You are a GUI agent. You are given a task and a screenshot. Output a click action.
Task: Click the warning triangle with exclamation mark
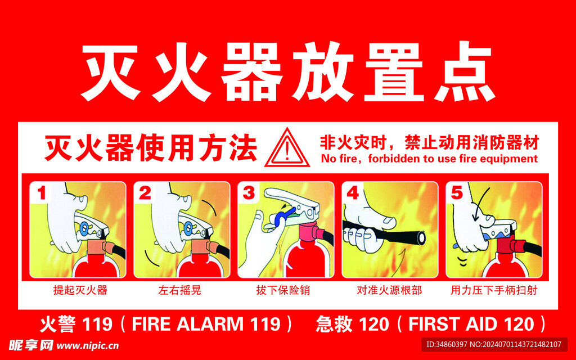(x=287, y=148)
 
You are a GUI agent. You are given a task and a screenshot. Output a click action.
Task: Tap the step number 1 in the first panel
(x=42, y=193)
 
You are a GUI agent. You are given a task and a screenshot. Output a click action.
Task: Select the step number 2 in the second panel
(x=145, y=193)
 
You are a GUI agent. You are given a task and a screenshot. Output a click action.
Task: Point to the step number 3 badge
(x=249, y=193)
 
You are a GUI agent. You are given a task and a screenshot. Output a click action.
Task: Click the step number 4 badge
(x=353, y=193)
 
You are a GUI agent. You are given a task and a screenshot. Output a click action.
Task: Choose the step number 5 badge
(x=457, y=193)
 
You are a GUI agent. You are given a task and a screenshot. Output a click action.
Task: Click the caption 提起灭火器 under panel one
(x=80, y=290)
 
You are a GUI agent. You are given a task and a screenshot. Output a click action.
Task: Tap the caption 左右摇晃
(x=179, y=290)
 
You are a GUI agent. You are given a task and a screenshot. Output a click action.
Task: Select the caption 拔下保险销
(x=283, y=290)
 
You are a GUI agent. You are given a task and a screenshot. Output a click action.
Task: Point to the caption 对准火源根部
(x=389, y=290)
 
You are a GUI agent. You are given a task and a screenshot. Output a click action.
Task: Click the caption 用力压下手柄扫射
(x=494, y=290)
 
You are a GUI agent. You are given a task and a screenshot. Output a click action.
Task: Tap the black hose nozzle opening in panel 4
(x=421, y=237)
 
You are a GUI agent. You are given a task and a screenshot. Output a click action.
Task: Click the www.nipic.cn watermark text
(x=88, y=346)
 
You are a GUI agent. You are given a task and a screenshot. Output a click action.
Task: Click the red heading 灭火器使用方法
(x=151, y=148)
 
